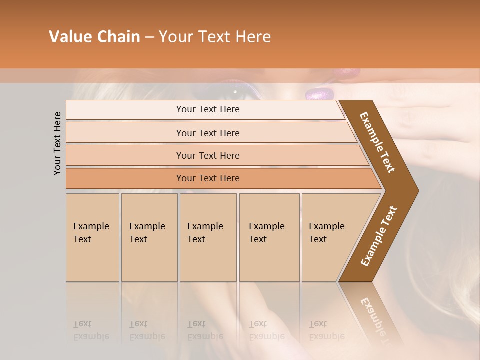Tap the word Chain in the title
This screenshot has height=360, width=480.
click(x=118, y=37)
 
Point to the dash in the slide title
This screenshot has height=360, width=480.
click(x=149, y=37)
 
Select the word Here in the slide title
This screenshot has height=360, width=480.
click(x=252, y=37)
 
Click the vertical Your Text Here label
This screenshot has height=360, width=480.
click(x=57, y=143)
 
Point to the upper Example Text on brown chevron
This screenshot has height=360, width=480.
click(x=377, y=142)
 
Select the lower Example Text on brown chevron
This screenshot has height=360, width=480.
click(x=378, y=236)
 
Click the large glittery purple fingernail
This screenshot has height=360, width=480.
click(x=320, y=93)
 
